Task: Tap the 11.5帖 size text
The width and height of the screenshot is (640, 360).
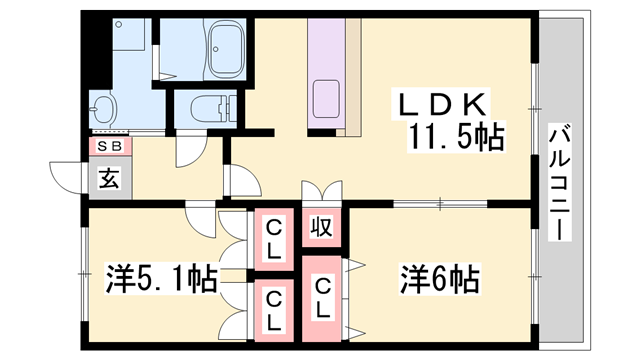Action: pos(453,137)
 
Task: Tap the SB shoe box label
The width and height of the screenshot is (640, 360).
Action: pos(108,147)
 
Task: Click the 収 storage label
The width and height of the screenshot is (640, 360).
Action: pos(321,226)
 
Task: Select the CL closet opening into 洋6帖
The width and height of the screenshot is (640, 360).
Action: pos(322,299)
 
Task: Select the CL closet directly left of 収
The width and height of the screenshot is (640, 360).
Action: pos(272,239)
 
